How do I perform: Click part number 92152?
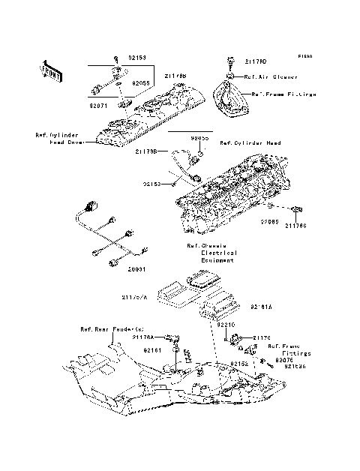239,363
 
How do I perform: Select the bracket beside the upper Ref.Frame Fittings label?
232,98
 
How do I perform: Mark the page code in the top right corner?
304,56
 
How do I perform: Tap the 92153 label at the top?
136,57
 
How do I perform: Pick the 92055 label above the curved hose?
198,139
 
